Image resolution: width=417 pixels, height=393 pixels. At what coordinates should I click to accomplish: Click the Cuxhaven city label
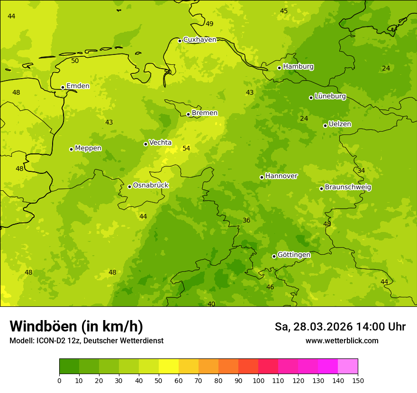[x=199, y=40]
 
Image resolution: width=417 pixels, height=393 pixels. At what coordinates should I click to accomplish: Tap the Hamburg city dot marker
[x=280, y=68]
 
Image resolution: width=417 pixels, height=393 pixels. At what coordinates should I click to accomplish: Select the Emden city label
[x=78, y=86]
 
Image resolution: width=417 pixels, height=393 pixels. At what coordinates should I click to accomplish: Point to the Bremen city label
[x=204, y=113]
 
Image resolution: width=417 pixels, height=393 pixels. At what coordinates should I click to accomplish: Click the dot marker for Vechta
[x=145, y=144]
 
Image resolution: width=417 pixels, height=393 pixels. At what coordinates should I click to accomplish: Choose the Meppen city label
[x=88, y=148]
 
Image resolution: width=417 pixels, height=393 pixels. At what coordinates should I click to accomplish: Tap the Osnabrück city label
[x=151, y=186]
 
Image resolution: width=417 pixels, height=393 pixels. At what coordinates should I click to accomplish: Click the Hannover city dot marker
[x=262, y=177]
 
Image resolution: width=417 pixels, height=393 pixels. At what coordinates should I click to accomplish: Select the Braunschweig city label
[x=348, y=188]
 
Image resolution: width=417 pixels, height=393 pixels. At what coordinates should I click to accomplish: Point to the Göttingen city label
[x=294, y=255]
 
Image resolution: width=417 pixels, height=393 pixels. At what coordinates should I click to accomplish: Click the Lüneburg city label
[x=330, y=97]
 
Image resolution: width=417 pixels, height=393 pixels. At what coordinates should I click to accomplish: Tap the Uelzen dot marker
[x=325, y=125]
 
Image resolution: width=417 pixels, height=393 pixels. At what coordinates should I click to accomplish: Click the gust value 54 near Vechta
[x=186, y=149]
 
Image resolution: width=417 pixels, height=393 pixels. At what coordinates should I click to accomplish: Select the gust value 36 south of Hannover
[x=246, y=221]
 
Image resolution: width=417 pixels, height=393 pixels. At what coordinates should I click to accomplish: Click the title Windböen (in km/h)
[x=76, y=326]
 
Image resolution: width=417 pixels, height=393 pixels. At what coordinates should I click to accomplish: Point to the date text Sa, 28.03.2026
[x=314, y=327]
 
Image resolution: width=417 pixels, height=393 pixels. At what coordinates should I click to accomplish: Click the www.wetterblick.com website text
[x=342, y=340]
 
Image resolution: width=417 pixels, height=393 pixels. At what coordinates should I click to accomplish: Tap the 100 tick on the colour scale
[x=258, y=380]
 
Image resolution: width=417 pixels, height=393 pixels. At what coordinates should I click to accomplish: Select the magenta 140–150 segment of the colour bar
[x=348, y=366]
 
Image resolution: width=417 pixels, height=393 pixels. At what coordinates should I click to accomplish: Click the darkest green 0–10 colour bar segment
[x=69, y=366]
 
